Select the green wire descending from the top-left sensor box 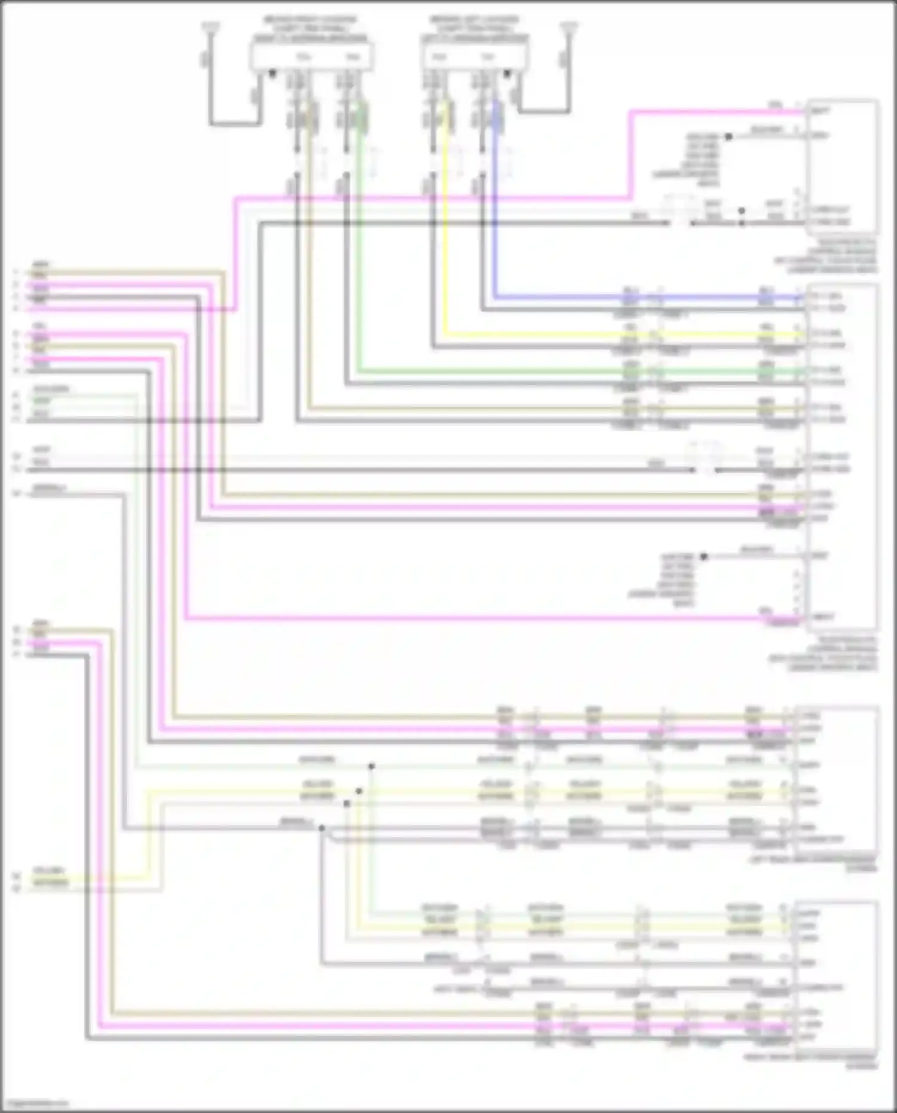359,251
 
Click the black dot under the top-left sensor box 273,74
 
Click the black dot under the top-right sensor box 507,74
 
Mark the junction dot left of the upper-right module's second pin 728,137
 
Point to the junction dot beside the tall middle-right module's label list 704,557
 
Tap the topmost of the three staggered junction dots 371,766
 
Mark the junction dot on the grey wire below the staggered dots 322,828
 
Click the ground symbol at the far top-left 210,27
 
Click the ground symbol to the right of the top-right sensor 569,27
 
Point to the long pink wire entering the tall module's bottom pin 478,618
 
